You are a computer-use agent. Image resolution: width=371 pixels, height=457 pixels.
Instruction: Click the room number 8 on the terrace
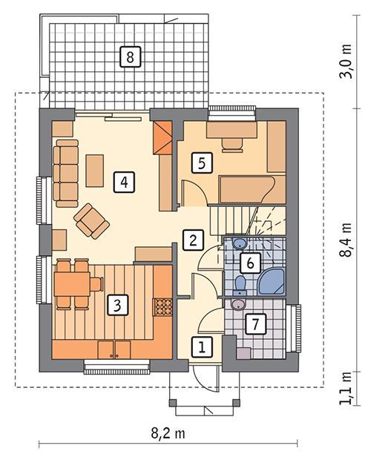pyautogui.click(x=129, y=56)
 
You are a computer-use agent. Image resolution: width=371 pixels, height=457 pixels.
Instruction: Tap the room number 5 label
pyautogui.click(x=200, y=162)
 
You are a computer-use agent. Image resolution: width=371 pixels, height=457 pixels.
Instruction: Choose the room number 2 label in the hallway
pyautogui.click(x=192, y=239)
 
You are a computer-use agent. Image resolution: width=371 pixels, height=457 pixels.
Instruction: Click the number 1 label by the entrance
pyautogui.click(x=200, y=344)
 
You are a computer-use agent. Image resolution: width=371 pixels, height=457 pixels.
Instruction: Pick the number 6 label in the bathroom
pyautogui.click(x=251, y=262)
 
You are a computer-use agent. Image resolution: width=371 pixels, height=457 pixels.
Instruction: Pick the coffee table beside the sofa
pyautogui.click(x=95, y=170)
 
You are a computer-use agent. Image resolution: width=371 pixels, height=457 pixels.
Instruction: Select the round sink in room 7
pyautogui.click(x=238, y=303)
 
